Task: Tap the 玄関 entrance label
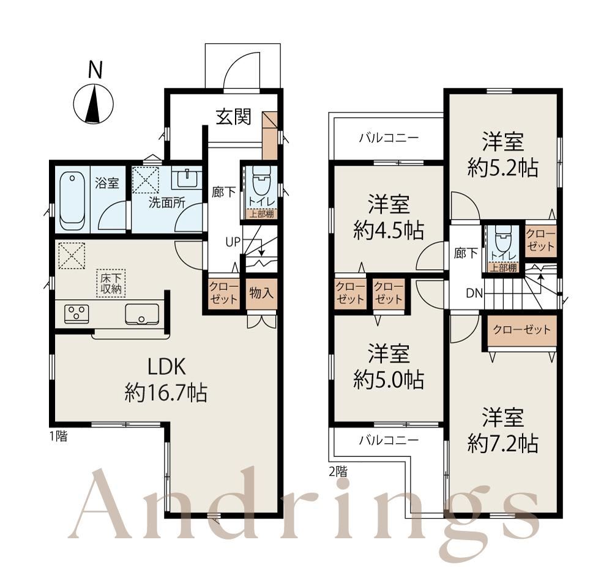[x=233, y=116]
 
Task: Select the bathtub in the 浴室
[x=73, y=201]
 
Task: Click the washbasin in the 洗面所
[x=187, y=179]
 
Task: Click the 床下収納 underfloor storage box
[x=111, y=283]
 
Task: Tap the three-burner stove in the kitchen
[x=76, y=314]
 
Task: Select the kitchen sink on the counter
[x=142, y=314]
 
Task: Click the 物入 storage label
[x=261, y=292]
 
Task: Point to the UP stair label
[x=233, y=242]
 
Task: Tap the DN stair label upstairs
[x=475, y=293]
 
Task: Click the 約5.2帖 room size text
[x=502, y=168]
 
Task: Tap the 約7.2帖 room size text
[x=502, y=443]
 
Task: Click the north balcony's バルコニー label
[x=389, y=138]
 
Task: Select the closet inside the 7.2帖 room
[x=522, y=330]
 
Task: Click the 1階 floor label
[x=58, y=435]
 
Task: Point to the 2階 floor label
[x=338, y=472]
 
